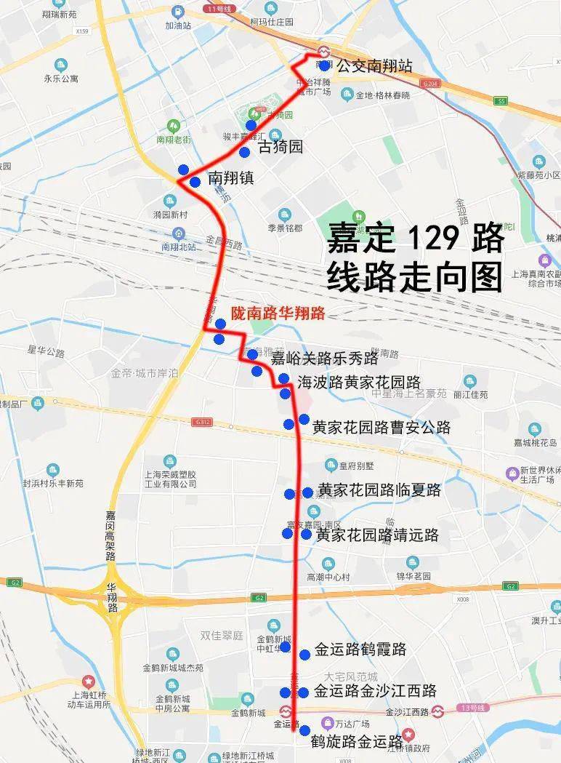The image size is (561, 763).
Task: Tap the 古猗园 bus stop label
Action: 280,148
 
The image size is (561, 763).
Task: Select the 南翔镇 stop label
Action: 230,177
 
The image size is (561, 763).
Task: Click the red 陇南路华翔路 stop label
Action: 278,313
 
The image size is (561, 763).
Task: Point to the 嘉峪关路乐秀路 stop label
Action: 324,359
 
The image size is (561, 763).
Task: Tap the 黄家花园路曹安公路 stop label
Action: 382,427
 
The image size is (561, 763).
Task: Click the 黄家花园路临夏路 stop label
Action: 379,490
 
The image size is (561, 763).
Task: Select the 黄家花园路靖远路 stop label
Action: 377,535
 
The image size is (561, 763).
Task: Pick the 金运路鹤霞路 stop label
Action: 360,650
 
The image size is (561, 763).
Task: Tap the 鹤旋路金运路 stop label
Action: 356,742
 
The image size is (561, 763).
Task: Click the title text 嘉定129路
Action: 415,238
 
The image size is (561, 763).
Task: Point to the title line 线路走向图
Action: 415,276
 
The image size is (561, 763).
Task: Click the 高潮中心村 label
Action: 328,577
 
